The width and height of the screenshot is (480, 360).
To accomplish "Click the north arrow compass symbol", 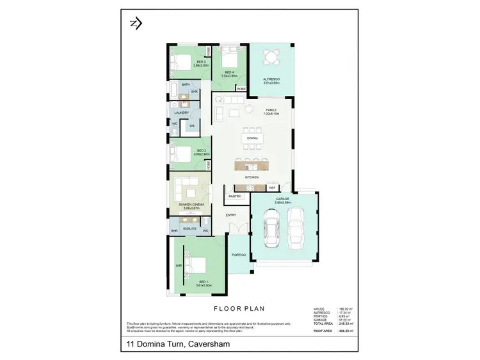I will tap(135, 24).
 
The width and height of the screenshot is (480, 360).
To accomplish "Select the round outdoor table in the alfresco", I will tap(273, 57).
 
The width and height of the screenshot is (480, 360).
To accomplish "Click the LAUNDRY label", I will tap(182, 113).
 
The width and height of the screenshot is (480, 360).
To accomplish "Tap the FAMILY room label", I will tap(271, 111).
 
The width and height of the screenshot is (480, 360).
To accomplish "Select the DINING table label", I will tap(252, 138).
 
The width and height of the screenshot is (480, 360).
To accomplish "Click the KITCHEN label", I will tap(252, 176).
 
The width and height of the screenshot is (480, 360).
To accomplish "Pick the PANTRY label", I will tap(234, 196).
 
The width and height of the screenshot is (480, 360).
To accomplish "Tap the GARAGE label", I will tap(282, 199).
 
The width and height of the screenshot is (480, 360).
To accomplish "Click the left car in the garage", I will tap(271, 232).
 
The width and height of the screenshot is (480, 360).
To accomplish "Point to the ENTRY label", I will tap(231, 215).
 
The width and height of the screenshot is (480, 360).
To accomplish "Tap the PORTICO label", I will tap(239, 255).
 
